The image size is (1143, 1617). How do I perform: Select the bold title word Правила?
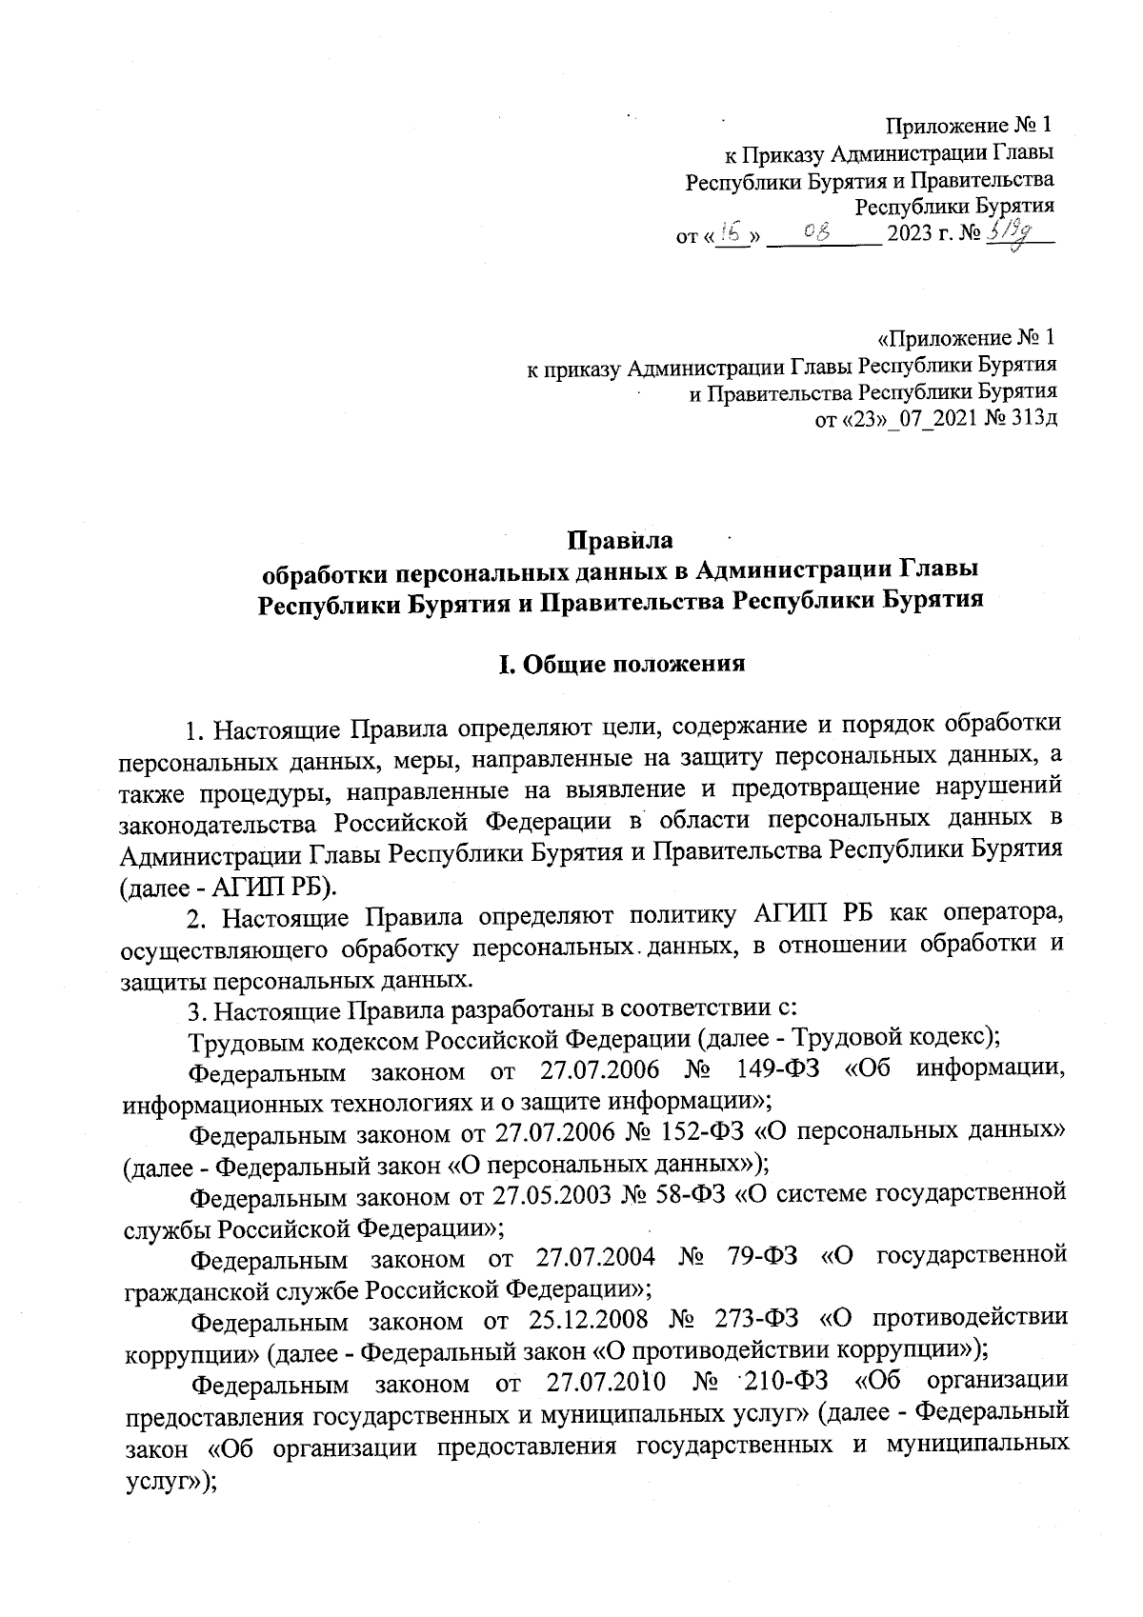click(620, 541)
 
